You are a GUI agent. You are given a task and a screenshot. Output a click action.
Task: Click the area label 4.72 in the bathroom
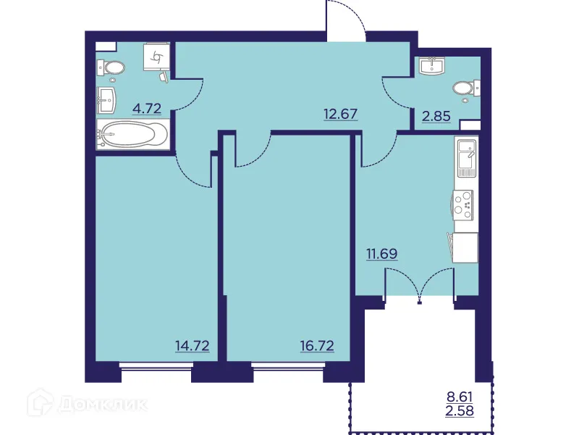coord(146,111)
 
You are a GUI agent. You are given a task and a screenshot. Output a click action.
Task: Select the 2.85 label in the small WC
coord(436,115)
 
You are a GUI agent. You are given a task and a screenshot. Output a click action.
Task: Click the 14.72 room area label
coord(192,346)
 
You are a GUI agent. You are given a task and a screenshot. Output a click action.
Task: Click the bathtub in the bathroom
coord(134,135)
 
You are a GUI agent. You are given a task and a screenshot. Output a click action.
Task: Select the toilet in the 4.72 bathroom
coord(111,68)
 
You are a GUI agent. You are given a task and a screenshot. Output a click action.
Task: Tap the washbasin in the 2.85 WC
coord(435,66)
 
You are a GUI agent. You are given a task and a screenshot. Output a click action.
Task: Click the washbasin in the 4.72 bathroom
coord(106,100)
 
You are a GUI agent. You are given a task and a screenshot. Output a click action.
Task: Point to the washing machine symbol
coord(157,56)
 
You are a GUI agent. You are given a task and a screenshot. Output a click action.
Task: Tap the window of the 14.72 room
coord(156,366)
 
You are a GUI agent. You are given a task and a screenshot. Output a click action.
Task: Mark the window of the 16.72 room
coord(288,366)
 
